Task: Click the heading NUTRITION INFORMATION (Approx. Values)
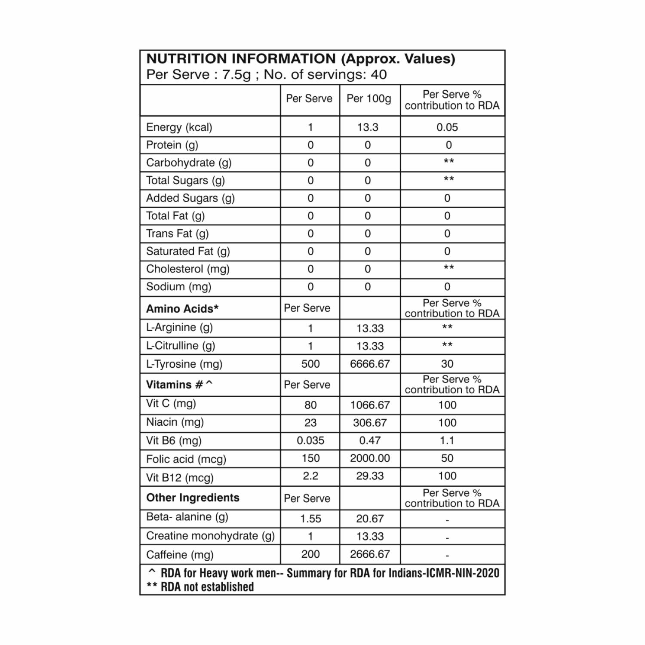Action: click(x=301, y=59)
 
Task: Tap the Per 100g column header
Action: click(x=369, y=98)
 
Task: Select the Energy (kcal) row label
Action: click(x=179, y=127)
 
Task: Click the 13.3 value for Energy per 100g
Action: click(x=368, y=127)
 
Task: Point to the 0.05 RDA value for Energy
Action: click(x=447, y=127)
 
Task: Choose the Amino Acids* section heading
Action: click(x=182, y=309)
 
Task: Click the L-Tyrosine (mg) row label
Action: click(x=184, y=364)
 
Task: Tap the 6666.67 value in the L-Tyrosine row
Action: click(x=370, y=364)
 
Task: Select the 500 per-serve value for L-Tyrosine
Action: click(x=310, y=364)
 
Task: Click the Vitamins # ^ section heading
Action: click(x=179, y=384)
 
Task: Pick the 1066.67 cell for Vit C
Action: click(x=370, y=405)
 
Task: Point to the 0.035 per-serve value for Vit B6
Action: click(x=310, y=441)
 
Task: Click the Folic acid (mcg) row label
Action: click(x=186, y=459)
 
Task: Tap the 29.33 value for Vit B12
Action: click(x=370, y=476)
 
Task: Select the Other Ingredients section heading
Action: click(x=193, y=498)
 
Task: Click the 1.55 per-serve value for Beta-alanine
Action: click(x=310, y=519)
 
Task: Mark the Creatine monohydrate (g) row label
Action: click(x=210, y=536)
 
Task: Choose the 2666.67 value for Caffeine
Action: click(x=370, y=554)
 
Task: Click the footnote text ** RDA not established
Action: click(x=200, y=587)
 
